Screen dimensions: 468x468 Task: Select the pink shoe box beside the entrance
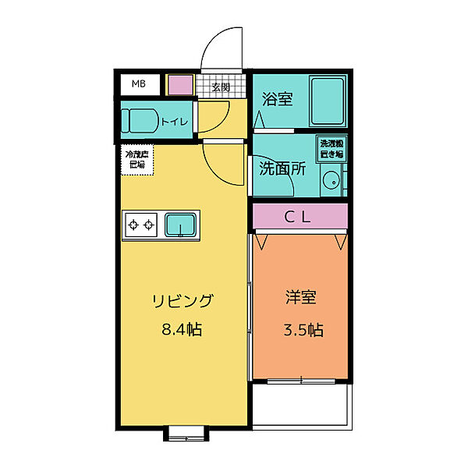click(x=180, y=84)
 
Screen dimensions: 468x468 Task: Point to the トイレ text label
click(x=173, y=122)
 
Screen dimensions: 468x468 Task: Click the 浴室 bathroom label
click(x=277, y=99)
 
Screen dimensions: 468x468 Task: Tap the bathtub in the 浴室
click(x=327, y=101)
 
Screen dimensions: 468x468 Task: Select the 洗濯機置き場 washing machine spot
click(x=331, y=148)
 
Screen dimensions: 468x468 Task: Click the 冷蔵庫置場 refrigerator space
click(x=140, y=159)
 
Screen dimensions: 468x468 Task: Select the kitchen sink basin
click(x=180, y=225)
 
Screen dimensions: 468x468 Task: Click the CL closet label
click(x=297, y=218)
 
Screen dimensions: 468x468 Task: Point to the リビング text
click(x=183, y=301)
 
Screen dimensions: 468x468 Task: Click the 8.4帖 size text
click(x=183, y=330)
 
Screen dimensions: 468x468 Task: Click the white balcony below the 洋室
click(x=300, y=406)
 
